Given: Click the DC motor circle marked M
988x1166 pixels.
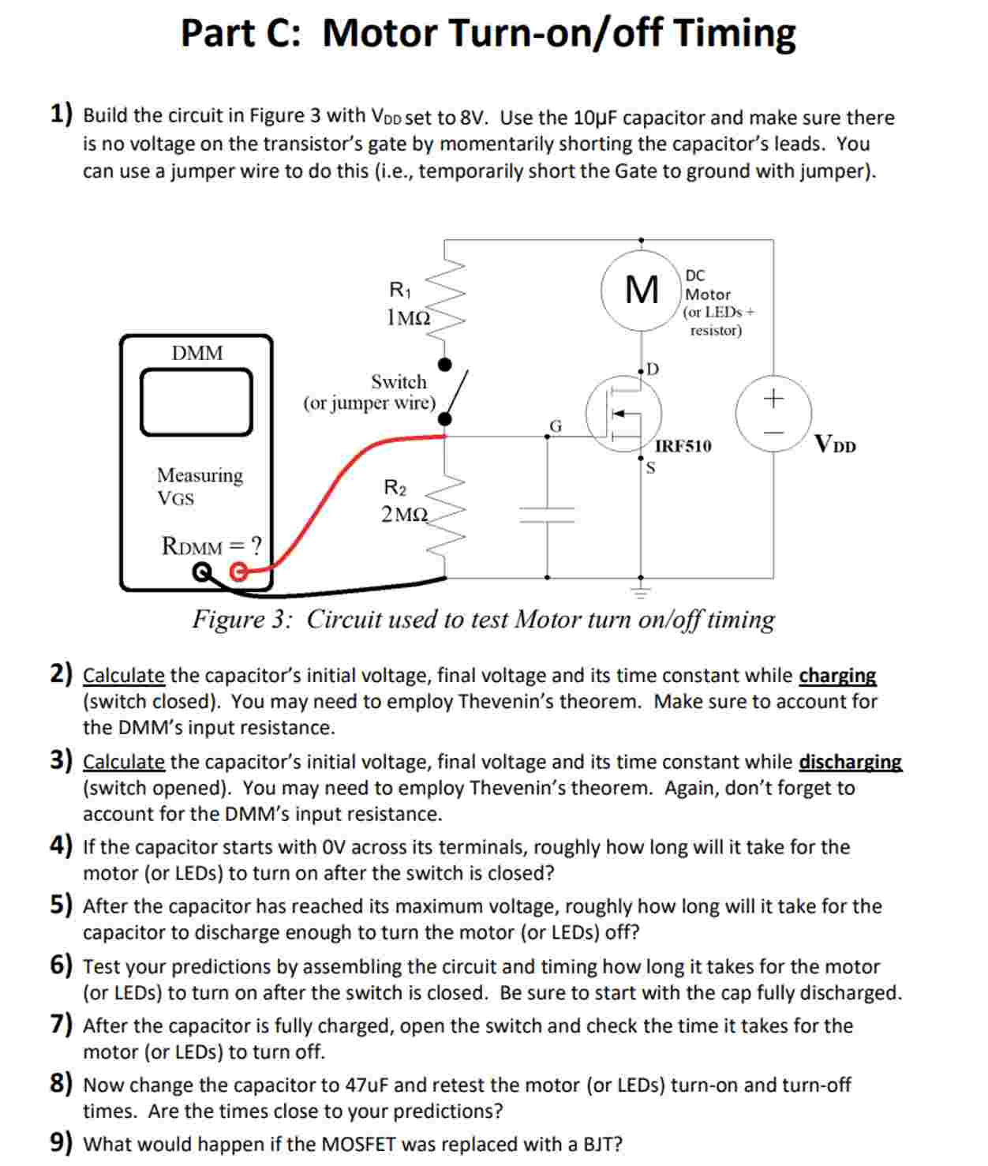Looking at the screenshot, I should tap(640, 289).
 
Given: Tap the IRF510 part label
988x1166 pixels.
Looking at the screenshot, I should tap(683, 446).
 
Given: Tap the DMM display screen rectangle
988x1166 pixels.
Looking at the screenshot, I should tap(196, 402).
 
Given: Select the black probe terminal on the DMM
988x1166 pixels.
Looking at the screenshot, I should tap(204, 572).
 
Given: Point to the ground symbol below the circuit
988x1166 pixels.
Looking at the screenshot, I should tap(640, 590).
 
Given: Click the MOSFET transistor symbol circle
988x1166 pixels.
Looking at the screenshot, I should tap(623, 414).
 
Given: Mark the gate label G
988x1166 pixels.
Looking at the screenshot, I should tap(556, 426).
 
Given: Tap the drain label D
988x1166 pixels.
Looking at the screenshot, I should tap(653, 369).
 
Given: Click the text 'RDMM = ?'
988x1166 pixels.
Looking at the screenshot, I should tap(211, 546).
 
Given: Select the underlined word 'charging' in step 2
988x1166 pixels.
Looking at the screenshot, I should tap(837, 676).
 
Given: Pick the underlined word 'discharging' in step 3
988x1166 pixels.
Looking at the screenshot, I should tap(850, 762).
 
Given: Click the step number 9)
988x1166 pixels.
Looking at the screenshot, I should tap(62, 1143).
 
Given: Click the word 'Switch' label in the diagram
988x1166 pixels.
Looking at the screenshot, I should tap(399, 382).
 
